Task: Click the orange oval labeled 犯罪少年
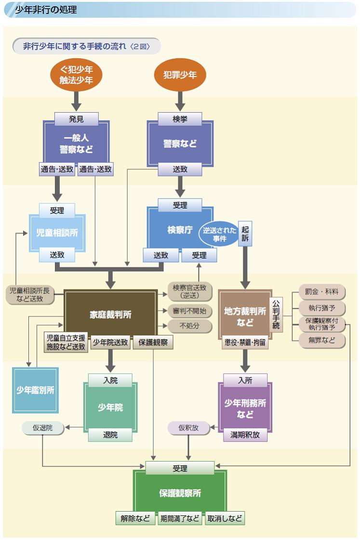(x=180, y=76)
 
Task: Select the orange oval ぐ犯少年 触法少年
(x=77, y=76)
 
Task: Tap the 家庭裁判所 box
(x=110, y=315)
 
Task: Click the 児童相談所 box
(x=57, y=232)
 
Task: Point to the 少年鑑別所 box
(x=35, y=390)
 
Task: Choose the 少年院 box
(x=110, y=408)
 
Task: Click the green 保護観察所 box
(x=180, y=493)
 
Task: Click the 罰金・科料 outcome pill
(x=321, y=292)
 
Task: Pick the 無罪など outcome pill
(x=321, y=341)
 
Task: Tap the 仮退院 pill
(x=43, y=428)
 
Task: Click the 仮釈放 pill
(x=188, y=428)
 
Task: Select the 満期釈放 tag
(x=245, y=435)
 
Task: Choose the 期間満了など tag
(x=180, y=519)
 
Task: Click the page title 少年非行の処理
(x=46, y=10)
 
